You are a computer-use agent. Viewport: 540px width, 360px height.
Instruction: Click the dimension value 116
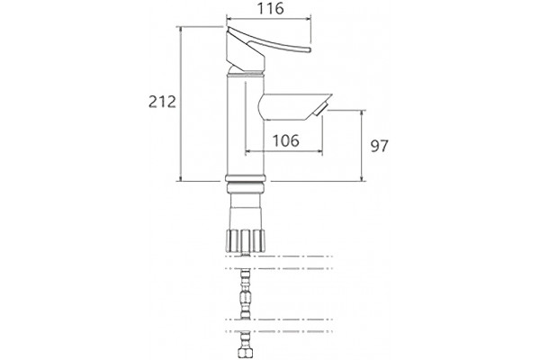[x=271, y=9]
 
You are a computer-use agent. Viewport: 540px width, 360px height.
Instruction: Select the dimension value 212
[x=162, y=102]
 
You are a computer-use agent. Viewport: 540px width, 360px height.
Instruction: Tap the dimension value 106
[x=286, y=140]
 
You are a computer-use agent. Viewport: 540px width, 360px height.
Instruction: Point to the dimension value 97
[x=379, y=146]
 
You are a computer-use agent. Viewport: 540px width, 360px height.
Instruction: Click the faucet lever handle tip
[x=309, y=50]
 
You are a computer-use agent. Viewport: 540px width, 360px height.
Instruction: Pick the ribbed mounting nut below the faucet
[x=245, y=240]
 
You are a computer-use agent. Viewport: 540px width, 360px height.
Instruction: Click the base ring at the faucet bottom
[x=245, y=178]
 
